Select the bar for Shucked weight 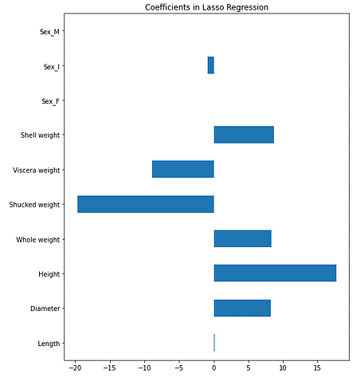coord(146,204)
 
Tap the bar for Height coord(275,273)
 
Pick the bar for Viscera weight coord(183,169)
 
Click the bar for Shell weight coord(244,135)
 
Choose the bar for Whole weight coord(242,238)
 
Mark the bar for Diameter coord(242,308)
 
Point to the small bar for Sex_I coord(210,65)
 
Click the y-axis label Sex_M coord(53,32)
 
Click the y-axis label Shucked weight coord(35,205)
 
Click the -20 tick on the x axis coord(75,369)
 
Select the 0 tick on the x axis coord(213,369)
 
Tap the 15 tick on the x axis coord(317,369)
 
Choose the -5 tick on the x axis coord(178,369)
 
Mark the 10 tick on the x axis coord(283,369)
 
